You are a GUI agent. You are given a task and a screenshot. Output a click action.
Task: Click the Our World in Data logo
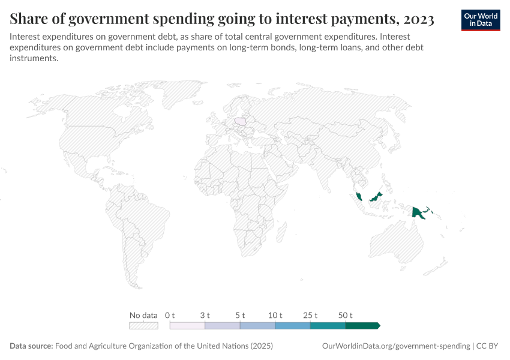[x=480, y=20]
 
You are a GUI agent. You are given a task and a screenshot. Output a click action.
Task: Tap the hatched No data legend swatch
[x=143, y=325]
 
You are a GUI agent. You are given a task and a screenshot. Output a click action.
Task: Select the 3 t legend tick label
[x=205, y=315]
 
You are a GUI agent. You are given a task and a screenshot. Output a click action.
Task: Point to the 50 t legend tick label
[x=346, y=315]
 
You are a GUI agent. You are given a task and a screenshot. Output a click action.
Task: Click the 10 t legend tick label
[x=275, y=315]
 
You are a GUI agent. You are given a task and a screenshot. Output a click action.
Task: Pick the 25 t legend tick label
[x=310, y=315]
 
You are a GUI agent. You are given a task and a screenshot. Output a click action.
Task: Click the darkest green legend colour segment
[x=362, y=325]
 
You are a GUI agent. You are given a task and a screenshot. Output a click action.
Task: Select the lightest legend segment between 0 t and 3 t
[x=187, y=325]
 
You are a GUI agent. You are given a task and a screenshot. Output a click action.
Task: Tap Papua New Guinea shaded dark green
[x=418, y=212]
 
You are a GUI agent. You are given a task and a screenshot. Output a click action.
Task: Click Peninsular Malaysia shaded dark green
[x=358, y=196]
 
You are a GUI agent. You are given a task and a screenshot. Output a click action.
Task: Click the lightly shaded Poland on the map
[x=241, y=121]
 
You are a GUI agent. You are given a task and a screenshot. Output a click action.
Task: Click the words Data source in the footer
[x=31, y=346]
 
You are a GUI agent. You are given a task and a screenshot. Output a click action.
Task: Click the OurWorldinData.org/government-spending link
[x=396, y=346]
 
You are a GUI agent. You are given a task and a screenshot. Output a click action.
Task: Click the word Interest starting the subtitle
[x=26, y=36]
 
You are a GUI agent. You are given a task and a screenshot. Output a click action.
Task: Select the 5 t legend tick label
[x=240, y=315]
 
